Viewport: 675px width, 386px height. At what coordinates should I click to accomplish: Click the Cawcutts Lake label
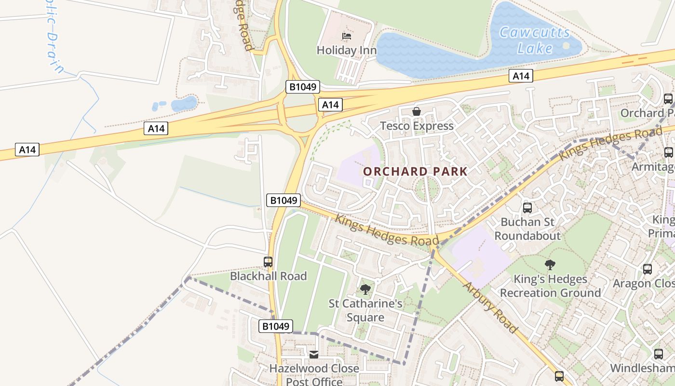534,41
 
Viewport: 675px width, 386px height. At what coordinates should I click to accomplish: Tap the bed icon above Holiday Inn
346,36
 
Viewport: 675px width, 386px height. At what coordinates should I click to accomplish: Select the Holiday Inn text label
346,50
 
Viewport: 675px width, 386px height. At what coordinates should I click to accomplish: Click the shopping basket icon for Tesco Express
417,112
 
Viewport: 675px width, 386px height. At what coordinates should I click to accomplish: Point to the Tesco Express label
417,126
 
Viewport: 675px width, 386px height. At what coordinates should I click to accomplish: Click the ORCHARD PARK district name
415,171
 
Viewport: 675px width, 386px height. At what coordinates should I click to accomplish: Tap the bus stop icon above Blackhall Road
268,262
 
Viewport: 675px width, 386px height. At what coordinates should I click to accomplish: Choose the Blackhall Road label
268,276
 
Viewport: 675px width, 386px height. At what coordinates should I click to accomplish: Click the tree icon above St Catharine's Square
365,289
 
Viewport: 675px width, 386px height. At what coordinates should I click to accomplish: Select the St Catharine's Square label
365,310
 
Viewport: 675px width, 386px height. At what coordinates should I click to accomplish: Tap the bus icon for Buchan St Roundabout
527,208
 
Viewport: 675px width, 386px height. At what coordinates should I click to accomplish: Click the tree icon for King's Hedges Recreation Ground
550,265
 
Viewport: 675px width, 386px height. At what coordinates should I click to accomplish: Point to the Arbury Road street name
490,308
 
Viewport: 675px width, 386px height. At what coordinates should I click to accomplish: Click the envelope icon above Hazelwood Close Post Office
314,355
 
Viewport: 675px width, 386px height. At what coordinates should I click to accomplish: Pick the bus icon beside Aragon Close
648,269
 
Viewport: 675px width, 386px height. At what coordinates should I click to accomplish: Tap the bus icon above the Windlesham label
659,354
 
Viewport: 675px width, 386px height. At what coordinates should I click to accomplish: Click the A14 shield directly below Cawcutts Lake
521,76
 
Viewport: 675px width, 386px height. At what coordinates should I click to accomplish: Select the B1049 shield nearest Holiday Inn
303,87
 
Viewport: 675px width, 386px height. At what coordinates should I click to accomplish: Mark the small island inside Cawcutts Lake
566,46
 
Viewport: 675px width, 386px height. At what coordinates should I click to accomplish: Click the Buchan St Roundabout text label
527,229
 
